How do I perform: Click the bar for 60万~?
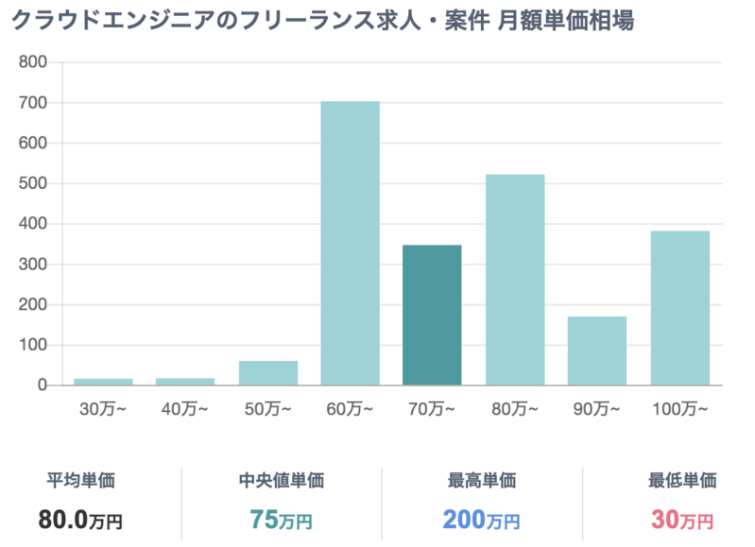pyautogui.click(x=350, y=243)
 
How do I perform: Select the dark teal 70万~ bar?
pyautogui.click(x=432, y=315)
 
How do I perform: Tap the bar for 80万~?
pyautogui.click(x=514, y=280)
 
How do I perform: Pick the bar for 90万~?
pyautogui.click(x=597, y=350)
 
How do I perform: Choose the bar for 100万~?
pyautogui.click(x=679, y=308)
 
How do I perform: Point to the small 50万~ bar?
pyautogui.click(x=267, y=373)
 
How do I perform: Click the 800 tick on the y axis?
pyautogui.click(x=33, y=62)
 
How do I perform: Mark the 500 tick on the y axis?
pyautogui.click(x=33, y=183)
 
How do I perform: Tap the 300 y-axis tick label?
pyautogui.click(x=33, y=265)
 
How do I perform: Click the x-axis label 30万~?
pyautogui.click(x=103, y=409)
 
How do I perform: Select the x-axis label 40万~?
pyautogui.click(x=185, y=409)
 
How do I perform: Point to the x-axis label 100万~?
pyautogui.click(x=679, y=409)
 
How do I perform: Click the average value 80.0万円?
pyautogui.click(x=80, y=519)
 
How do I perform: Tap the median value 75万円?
pyautogui.click(x=281, y=519)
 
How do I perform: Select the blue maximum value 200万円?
pyautogui.click(x=482, y=519)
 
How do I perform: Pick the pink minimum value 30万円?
pyautogui.click(x=681, y=519)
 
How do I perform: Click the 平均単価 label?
pyautogui.click(x=80, y=481)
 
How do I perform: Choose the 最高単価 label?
pyautogui.click(x=482, y=481)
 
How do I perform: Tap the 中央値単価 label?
pyautogui.click(x=281, y=481)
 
